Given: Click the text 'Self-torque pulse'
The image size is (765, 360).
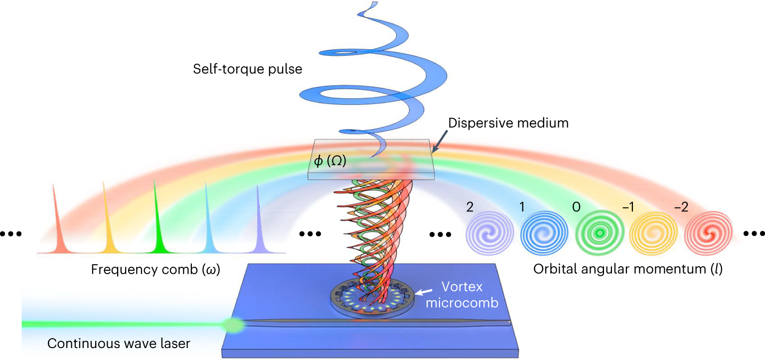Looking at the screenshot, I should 248,69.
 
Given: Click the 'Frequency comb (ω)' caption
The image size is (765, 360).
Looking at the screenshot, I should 156,270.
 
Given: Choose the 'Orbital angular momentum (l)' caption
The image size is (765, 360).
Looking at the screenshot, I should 628,270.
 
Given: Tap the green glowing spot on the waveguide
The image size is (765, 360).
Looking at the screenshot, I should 233,325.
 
